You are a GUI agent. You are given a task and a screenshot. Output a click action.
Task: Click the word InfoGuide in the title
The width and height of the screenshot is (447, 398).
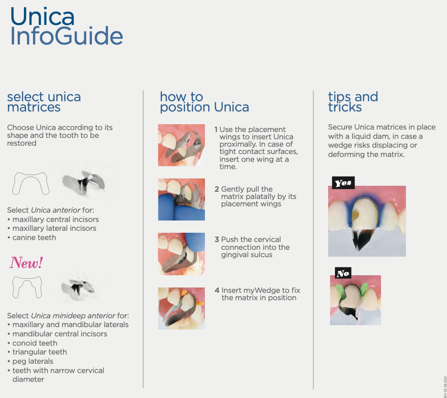[66, 37]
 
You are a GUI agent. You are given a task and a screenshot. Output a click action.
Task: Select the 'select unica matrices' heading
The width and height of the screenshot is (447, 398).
[44, 102]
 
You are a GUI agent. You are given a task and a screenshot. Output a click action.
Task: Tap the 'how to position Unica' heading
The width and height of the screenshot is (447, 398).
[204, 102]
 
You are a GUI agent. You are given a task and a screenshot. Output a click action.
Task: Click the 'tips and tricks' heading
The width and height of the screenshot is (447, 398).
[353, 102]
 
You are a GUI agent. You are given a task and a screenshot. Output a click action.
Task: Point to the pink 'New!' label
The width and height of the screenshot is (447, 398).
[26, 263]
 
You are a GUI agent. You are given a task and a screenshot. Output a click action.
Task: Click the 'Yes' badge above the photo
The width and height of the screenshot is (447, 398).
[342, 183]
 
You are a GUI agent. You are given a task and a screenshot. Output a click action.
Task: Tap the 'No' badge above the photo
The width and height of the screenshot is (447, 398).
[343, 273]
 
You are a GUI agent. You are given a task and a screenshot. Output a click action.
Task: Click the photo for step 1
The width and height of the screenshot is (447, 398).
[181, 145]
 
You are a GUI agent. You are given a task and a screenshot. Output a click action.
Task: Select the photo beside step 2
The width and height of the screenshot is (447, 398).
[181, 199]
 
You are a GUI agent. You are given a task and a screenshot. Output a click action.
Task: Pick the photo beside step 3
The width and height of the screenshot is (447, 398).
[181, 254]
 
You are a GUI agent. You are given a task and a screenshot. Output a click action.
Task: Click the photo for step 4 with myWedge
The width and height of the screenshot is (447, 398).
[181, 308]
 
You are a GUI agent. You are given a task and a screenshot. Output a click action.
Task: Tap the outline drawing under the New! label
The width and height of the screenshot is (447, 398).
[27, 287]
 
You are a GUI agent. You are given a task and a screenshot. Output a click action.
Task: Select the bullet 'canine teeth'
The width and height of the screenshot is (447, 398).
[34, 238]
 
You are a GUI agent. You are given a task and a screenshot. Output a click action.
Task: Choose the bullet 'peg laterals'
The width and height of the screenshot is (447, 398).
[33, 361]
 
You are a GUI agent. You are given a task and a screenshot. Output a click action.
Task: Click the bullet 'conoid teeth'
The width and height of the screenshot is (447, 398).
[35, 343]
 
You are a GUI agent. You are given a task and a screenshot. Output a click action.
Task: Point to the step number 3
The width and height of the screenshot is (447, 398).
[217, 240]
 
